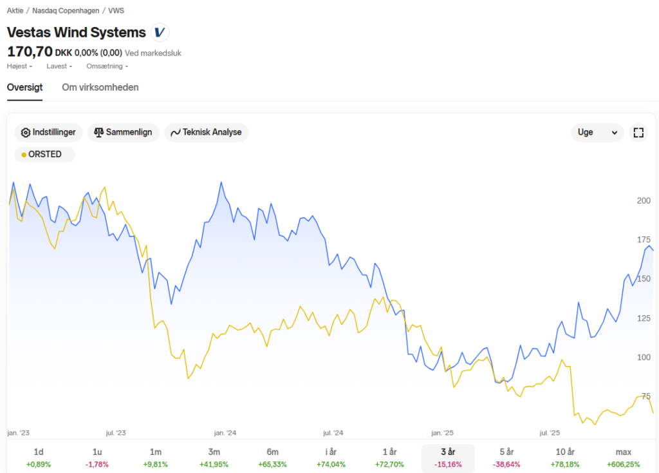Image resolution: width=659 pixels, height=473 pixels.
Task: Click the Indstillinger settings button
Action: (x=48, y=132)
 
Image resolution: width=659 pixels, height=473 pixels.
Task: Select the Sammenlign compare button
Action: (x=123, y=132)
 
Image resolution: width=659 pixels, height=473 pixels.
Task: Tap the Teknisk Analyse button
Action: (x=207, y=132)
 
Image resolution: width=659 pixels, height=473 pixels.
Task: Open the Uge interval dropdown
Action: (x=597, y=133)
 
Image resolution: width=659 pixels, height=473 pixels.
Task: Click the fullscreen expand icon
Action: (x=638, y=133)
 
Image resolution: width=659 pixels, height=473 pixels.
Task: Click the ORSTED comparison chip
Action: (x=45, y=155)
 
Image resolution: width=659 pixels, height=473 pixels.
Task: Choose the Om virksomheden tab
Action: (x=100, y=88)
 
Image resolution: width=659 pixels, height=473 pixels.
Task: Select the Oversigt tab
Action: (x=25, y=88)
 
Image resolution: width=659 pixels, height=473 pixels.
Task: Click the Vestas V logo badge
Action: (x=160, y=32)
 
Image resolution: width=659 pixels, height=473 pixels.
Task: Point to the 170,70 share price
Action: (x=30, y=52)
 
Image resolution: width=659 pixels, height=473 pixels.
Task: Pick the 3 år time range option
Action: (x=448, y=458)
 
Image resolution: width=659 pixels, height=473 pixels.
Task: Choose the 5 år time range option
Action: (x=506, y=458)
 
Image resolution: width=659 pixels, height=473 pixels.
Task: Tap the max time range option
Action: (x=623, y=458)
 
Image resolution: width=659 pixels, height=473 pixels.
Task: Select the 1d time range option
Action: (x=38, y=458)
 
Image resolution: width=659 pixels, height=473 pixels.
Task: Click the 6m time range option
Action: (x=272, y=458)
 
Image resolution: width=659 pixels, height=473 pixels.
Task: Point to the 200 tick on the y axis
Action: (x=644, y=200)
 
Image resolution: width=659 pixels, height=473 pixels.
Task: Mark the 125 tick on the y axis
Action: (x=644, y=318)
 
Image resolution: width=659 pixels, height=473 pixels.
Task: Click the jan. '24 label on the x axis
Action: (x=225, y=432)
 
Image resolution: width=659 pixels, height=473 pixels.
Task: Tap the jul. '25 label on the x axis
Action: (x=550, y=432)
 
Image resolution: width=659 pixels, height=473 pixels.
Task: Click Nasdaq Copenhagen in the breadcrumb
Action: (x=66, y=10)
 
